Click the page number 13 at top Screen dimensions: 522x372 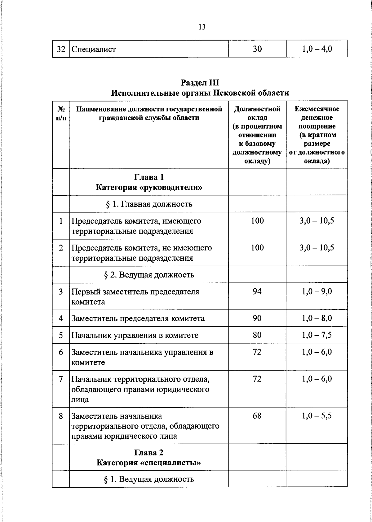point(202,27)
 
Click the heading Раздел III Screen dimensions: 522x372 point(200,83)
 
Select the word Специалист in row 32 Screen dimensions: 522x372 point(94,49)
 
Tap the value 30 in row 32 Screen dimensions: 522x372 point(257,49)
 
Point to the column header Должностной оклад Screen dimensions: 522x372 point(257,135)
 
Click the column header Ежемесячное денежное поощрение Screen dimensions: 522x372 point(317,135)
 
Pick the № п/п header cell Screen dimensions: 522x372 point(61,113)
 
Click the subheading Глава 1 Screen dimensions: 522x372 point(149,177)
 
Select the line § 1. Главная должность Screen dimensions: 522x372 point(149,204)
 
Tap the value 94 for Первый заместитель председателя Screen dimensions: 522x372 point(257,291)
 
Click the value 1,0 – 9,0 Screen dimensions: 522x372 point(317,291)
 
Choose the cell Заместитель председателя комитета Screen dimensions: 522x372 point(138,319)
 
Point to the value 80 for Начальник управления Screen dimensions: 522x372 point(257,335)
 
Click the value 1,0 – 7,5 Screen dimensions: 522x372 point(317,335)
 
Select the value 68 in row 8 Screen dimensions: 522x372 point(257,415)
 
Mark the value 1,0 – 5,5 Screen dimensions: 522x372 point(317,415)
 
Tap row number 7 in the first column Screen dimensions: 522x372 point(61,379)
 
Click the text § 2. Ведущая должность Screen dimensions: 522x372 point(149,275)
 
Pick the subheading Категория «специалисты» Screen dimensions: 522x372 point(149,463)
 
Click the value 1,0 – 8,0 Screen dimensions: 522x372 point(317,318)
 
